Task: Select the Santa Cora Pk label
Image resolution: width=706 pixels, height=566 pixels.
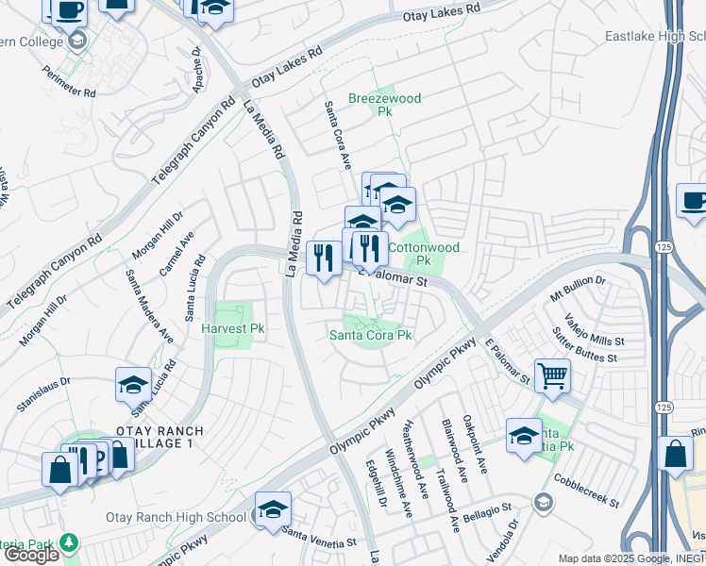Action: pyautogui.click(x=370, y=335)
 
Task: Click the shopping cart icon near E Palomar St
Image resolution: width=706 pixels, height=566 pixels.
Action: pyautogui.click(x=552, y=375)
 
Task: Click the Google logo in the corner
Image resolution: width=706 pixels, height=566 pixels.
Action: pyautogui.click(x=31, y=555)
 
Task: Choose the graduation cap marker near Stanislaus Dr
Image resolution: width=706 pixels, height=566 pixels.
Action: pyautogui.click(x=133, y=384)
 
